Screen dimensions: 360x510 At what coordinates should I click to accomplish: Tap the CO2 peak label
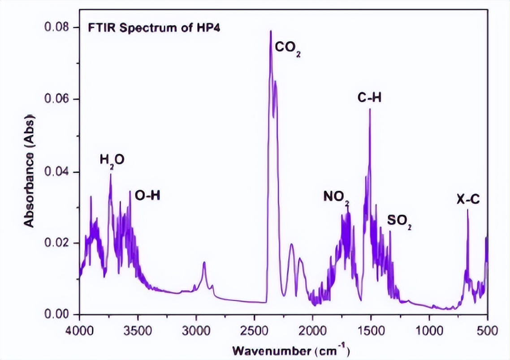pyautogui.click(x=288, y=47)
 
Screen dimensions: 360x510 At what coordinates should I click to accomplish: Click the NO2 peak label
pyautogui.click(x=336, y=197)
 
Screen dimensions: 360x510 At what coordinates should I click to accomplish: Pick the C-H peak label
pyautogui.click(x=369, y=98)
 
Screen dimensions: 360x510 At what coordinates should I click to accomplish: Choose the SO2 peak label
pyautogui.click(x=399, y=221)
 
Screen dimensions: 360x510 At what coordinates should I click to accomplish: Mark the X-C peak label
pyautogui.click(x=468, y=200)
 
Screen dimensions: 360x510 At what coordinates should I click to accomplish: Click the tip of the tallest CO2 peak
pyautogui.click(x=270, y=31)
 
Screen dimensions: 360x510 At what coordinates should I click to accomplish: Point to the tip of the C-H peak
pyautogui.click(x=370, y=109)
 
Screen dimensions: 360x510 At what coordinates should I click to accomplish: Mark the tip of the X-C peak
pyautogui.click(x=467, y=210)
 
